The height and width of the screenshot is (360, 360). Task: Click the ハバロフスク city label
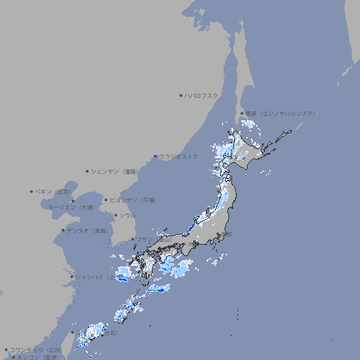(x=202, y=96)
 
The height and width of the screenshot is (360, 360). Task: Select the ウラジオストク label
(x=179, y=156)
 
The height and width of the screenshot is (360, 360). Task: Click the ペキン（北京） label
(x=54, y=191)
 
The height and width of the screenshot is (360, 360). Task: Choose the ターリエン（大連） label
(x=71, y=207)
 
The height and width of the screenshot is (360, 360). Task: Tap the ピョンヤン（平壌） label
(x=134, y=200)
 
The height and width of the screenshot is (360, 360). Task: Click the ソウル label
(x=127, y=215)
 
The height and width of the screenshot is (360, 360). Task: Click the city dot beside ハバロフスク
(x=181, y=96)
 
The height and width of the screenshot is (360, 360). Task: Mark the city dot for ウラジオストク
(x=155, y=156)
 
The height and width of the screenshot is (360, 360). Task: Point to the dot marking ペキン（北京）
(x=32, y=191)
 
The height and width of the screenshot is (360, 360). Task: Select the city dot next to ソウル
(x=115, y=215)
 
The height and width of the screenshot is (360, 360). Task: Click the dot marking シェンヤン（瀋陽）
(x=88, y=171)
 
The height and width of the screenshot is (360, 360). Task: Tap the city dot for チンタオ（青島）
(x=63, y=230)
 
